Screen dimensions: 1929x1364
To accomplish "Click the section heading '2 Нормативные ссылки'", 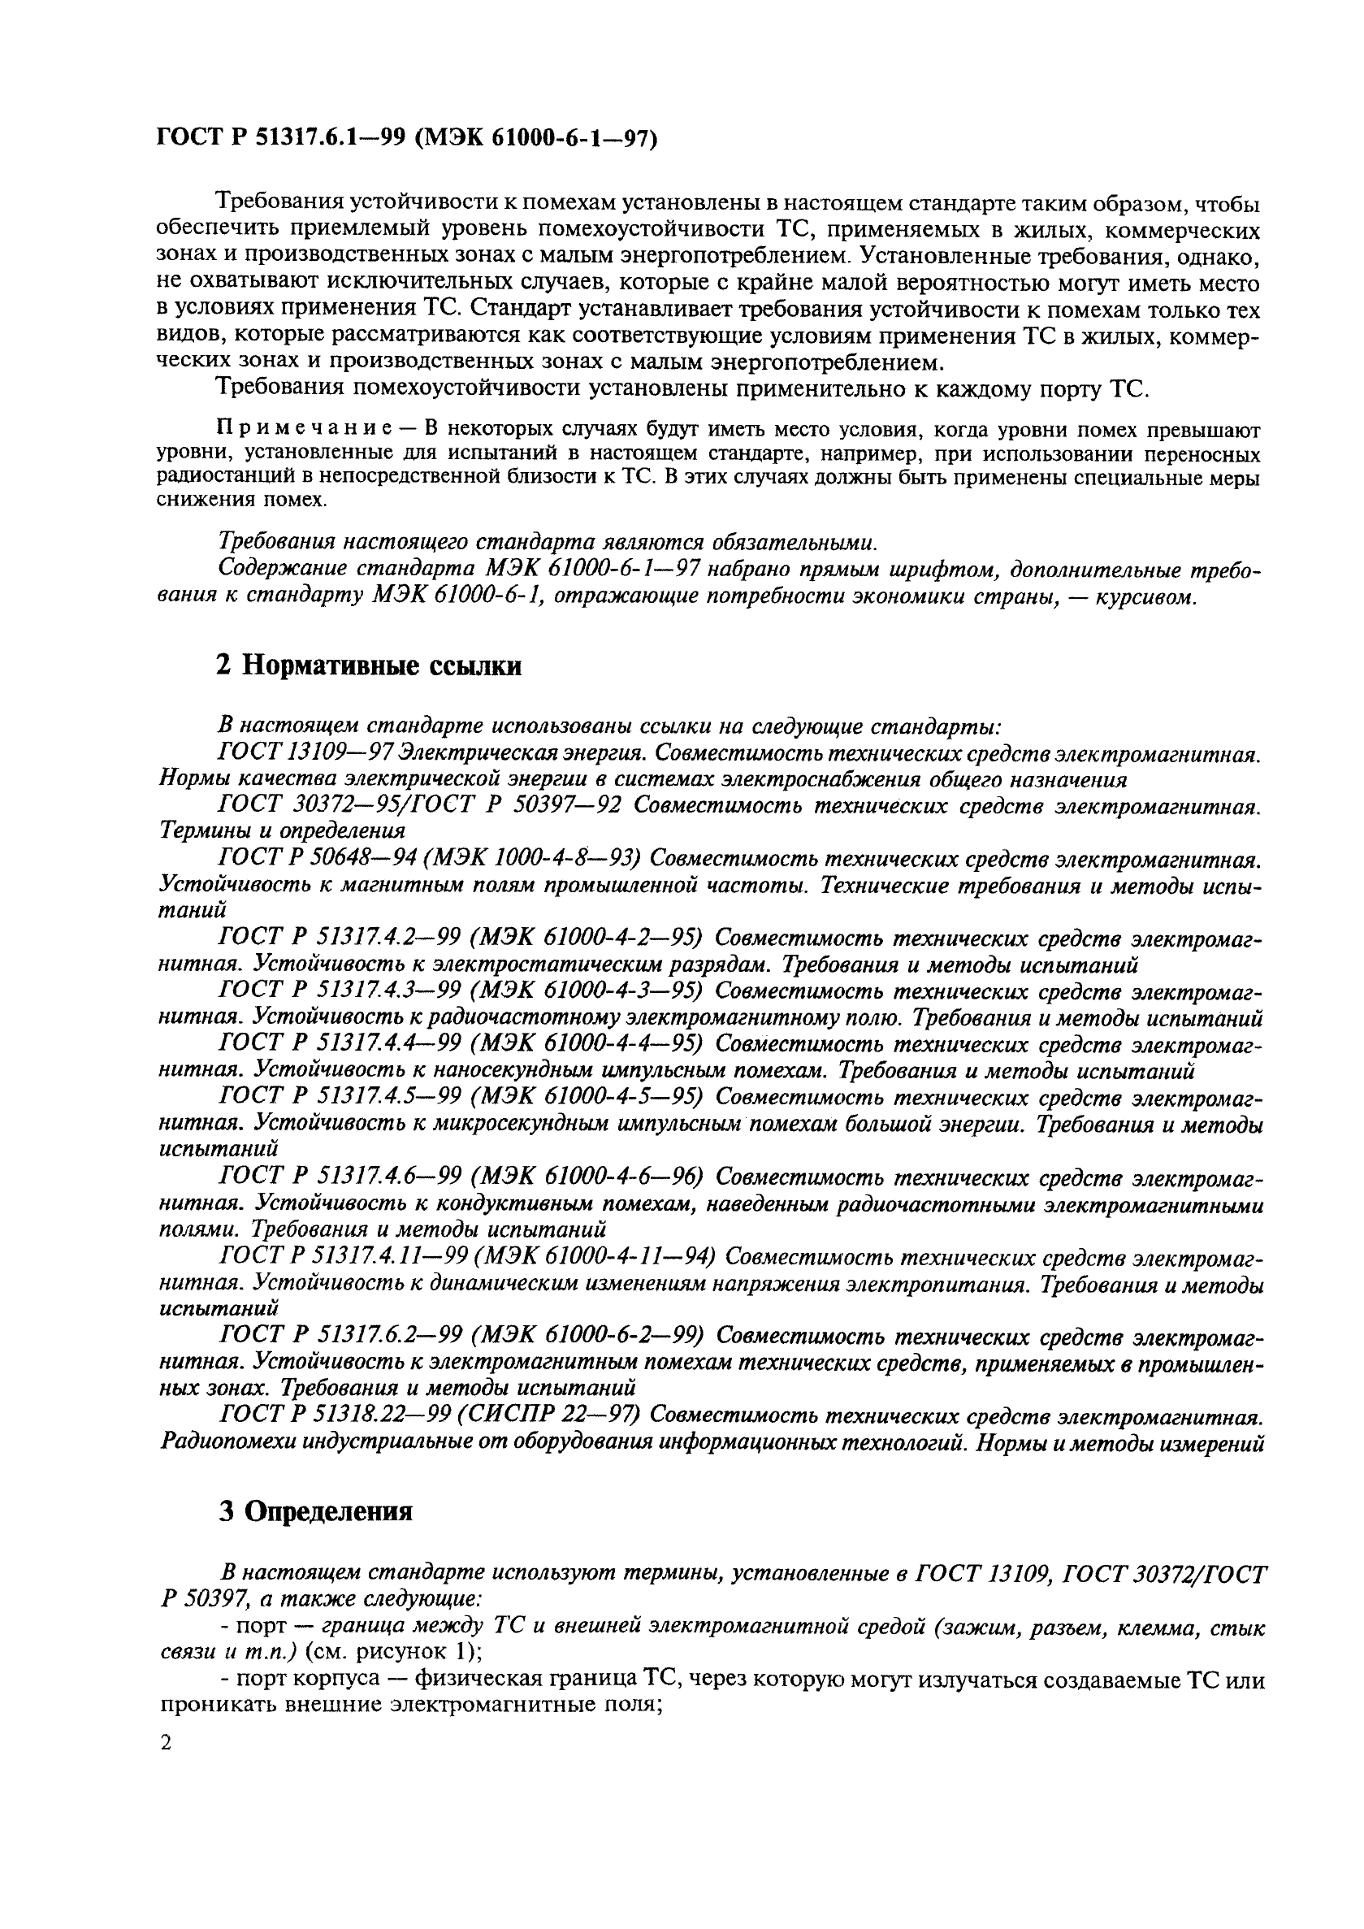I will click(369, 666).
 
